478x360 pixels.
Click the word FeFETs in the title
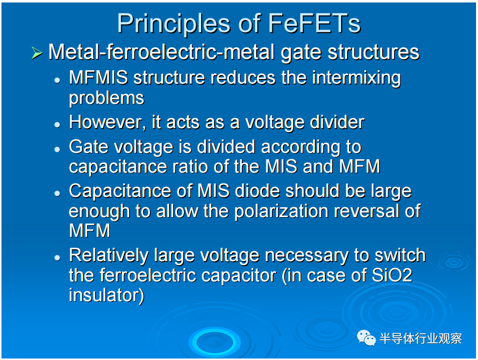(314, 24)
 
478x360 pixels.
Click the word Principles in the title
(174, 24)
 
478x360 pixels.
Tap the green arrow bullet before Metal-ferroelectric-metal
(37, 53)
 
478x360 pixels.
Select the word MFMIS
(98, 78)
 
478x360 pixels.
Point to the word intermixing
(356, 78)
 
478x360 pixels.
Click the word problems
(106, 98)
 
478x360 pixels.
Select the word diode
(257, 191)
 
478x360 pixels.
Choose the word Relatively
(109, 256)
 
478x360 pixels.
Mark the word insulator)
(106, 295)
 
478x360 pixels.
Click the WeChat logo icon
(366, 338)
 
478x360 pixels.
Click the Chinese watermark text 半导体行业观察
(421, 338)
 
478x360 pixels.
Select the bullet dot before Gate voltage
(57, 149)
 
